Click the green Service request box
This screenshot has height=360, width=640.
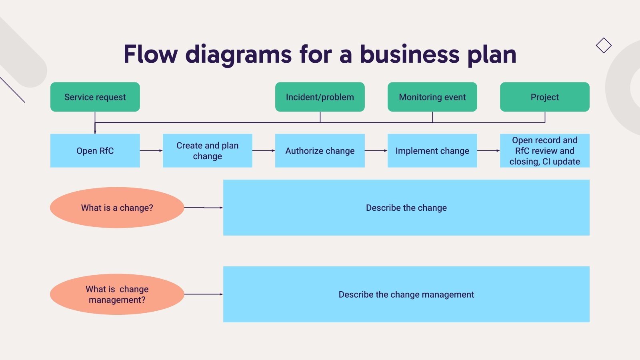[95, 97]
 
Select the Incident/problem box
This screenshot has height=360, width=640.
[320, 97]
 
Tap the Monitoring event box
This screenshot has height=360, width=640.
[432, 97]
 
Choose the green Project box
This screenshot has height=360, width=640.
[544, 97]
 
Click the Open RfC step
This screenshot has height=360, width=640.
[95, 150]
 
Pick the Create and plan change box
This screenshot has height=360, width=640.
[207, 150]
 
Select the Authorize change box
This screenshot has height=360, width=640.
[320, 150]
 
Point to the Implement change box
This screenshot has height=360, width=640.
[432, 150]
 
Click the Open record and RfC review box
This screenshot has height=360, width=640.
[544, 150]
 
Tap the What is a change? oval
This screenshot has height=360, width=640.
[117, 208]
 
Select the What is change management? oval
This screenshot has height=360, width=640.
[117, 294]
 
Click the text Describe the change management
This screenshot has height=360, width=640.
[406, 294]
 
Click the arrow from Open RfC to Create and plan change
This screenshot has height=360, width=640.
[151, 150]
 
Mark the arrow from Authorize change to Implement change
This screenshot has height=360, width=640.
[376, 150]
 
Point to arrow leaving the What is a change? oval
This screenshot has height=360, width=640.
[203, 208]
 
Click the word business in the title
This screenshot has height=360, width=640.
[410, 54]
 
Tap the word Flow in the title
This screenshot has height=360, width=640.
[150, 54]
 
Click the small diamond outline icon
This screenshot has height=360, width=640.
[604, 45]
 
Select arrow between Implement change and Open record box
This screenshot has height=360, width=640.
[488, 150]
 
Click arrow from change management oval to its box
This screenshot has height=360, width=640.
[203, 294]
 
